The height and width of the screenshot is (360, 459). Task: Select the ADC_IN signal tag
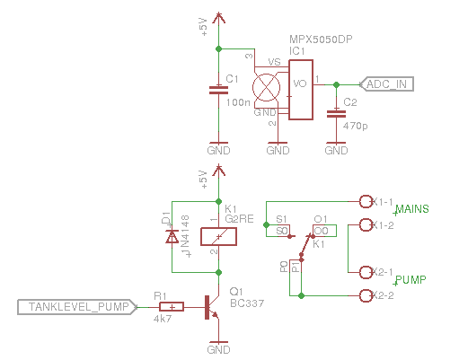coord(387,84)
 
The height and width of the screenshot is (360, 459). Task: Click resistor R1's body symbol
coord(171,307)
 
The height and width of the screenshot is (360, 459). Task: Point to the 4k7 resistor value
coord(163,320)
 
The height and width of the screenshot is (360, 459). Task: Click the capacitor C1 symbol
coord(216,90)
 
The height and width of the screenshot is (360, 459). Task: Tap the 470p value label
coord(355,126)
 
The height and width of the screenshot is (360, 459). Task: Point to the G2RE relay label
coord(239,218)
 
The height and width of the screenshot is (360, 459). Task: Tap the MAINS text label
coord(412,209)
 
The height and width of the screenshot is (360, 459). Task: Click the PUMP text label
coord(410,279)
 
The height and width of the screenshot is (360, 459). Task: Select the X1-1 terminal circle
coord(365,201)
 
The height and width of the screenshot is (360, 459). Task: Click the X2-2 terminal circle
coord(365,295)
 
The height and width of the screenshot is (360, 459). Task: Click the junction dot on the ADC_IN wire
coord(336,84)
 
